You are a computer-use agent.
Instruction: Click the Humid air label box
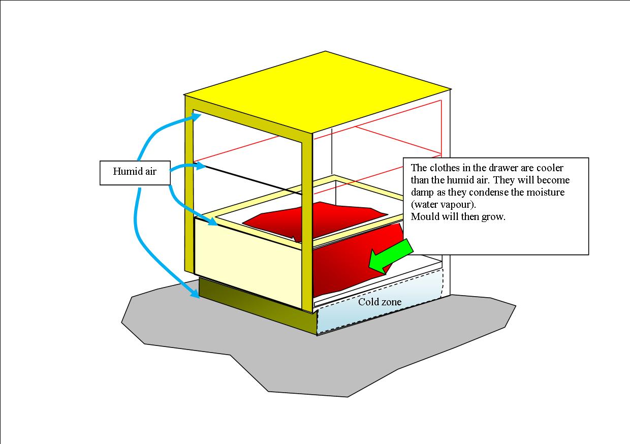pyautogui.click(x=135, y=173)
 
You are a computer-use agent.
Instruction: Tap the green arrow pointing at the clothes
pyautogui.click(x=390, y=257)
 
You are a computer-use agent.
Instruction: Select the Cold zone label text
pyautogui.click(x=380, y=302)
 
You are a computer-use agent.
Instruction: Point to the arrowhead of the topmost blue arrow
pyautogui.click(x=196, y=116)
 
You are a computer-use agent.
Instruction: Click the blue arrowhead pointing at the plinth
pyautogui.click(x=195, y=293)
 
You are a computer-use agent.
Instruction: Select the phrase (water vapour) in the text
pyautogui.click(x=444, y=204)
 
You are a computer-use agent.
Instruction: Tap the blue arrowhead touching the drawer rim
pyautogui.click(x=212, y=221)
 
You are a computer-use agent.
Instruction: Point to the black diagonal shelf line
pyautogui.click(x=254, y=180)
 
